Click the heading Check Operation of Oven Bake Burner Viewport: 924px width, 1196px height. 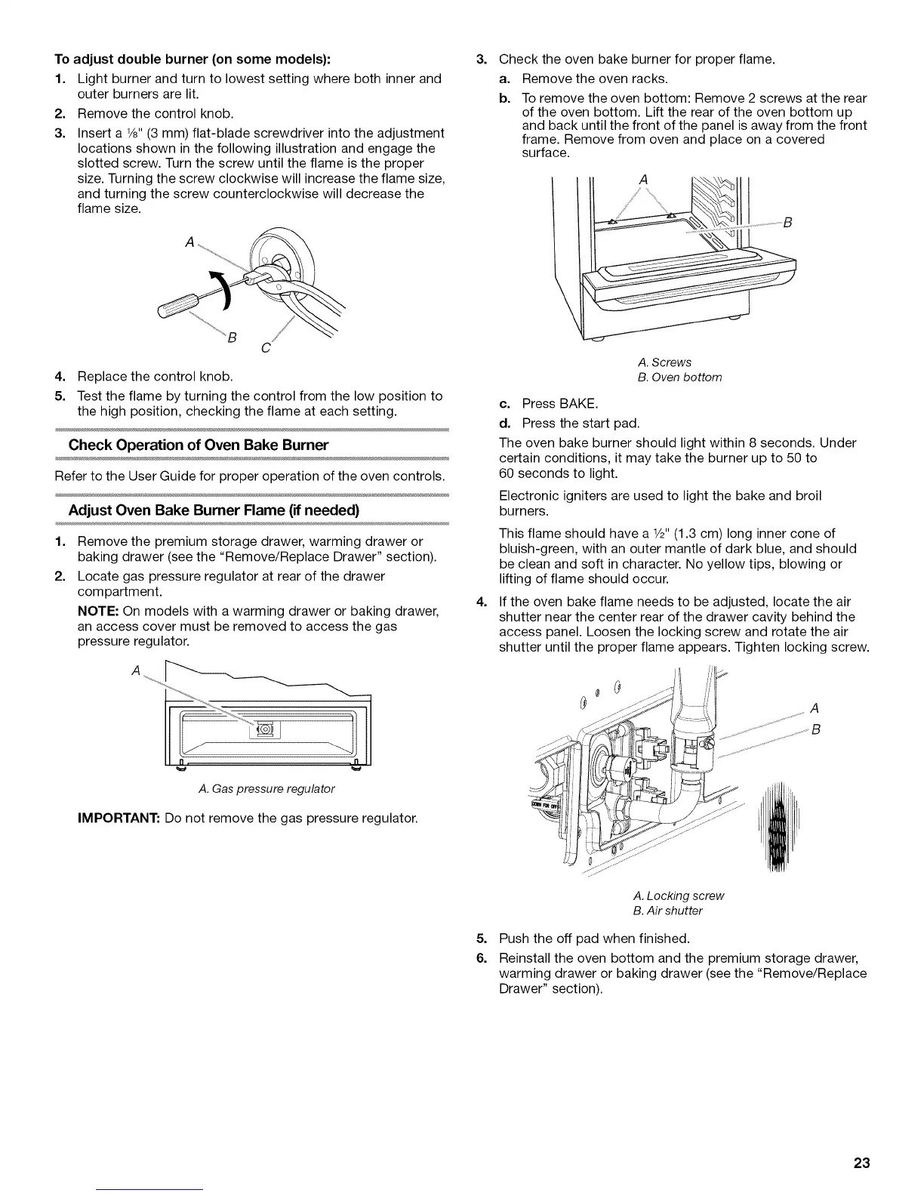pyautogui.click(x=199, y=445)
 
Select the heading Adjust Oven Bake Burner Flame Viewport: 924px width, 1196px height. pyautogui.click(x=214, y=510)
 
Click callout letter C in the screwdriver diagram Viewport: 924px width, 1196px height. pyautogui.click(x=264, y=348)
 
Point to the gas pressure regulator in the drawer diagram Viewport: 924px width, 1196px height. pyautogui.click(x=265, y=729)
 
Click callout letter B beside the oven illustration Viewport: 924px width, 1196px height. pyautogui.click(x=787, y=223)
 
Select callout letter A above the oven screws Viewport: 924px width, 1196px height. pyautogui.click(x=643, y=180)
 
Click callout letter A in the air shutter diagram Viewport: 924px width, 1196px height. pyautogui.click(x=814, y=708)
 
